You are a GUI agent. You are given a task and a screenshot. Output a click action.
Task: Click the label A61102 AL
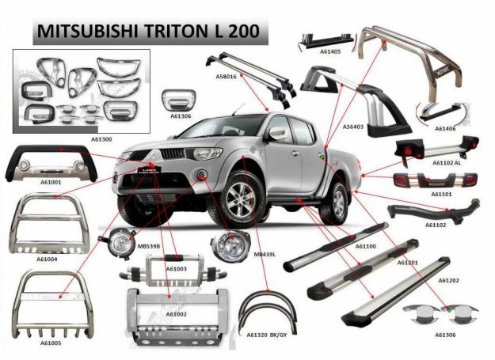coord(447,163)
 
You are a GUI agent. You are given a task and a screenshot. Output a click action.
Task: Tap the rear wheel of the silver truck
coord(337,200)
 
